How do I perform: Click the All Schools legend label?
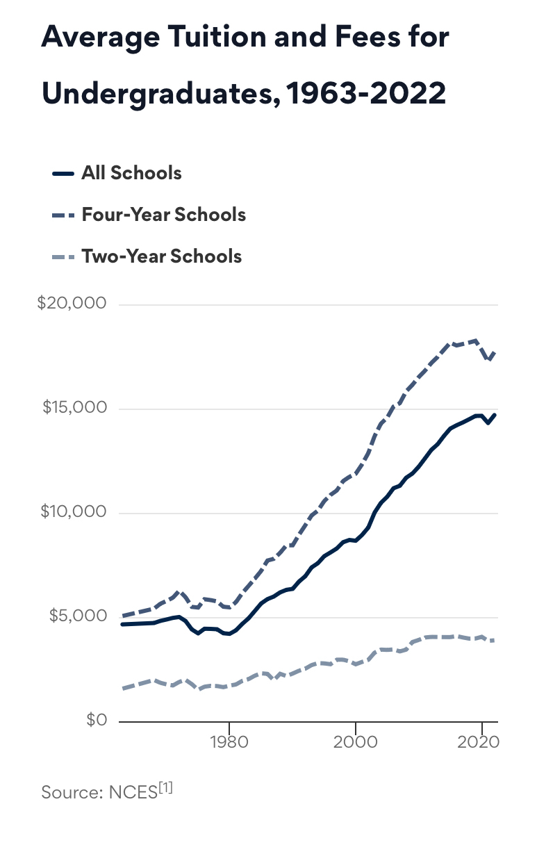tap(131, 173)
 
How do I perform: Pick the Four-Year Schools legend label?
tap(163, 214)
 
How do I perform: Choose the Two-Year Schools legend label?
tap(161, 256)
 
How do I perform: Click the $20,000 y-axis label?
tap(72, 304)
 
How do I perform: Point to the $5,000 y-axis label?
tap(76, 616)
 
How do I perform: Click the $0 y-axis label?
tap(97, 721)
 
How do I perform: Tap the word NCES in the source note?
tap(133, 792)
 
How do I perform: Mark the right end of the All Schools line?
tap(496, 414)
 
